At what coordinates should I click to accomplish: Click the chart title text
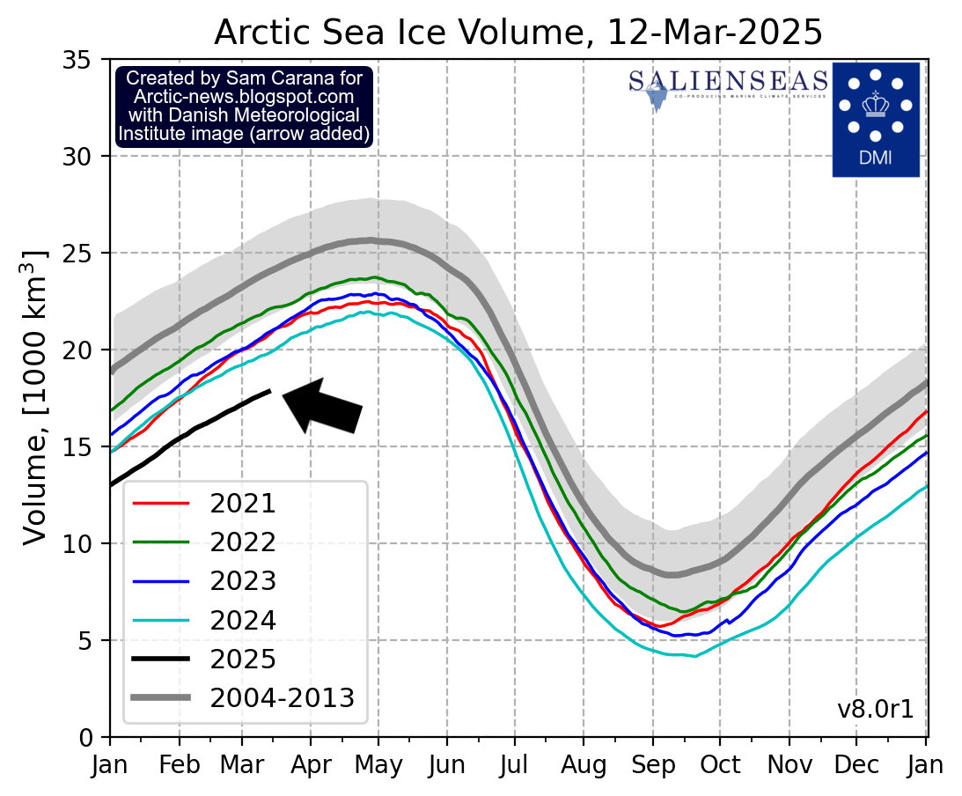tap(518, 32)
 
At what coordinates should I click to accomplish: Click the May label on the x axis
tap(379, 766)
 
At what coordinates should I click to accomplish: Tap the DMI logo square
tap(876, 119)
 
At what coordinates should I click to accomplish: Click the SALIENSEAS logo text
tap(728, 82)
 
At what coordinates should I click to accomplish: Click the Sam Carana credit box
tap(244, 106)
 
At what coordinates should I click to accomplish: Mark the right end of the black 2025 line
tap(270, 390)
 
